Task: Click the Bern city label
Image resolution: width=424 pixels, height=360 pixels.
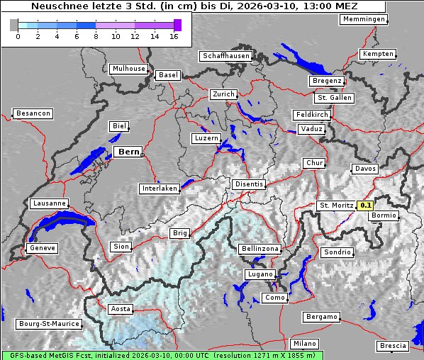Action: click(128, 152)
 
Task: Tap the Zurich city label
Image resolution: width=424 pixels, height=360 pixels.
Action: click(223, 94)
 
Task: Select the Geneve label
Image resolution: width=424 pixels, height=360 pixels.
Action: click(41, 249)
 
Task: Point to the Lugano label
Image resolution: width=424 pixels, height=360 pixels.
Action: click(260, 274)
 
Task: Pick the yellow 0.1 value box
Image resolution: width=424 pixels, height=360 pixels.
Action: click(365, 206)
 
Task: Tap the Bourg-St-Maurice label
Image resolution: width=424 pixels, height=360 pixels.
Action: click(49, 324)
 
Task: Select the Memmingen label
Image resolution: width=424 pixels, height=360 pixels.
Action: click(364, 19)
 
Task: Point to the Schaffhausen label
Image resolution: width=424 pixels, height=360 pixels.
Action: click(226, 56)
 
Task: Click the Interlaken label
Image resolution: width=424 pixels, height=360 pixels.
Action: click(160, 189)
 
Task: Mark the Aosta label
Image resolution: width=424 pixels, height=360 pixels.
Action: click(121, 309)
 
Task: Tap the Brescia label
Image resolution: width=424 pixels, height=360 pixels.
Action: click(394, 346)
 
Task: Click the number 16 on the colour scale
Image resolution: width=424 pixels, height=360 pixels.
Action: click(173, 37)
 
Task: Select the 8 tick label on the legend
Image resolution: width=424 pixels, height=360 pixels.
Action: click(96, 37)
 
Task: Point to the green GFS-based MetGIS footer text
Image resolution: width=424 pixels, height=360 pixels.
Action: click(162, 355)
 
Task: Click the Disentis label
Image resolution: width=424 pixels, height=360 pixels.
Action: click(249, 184)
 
